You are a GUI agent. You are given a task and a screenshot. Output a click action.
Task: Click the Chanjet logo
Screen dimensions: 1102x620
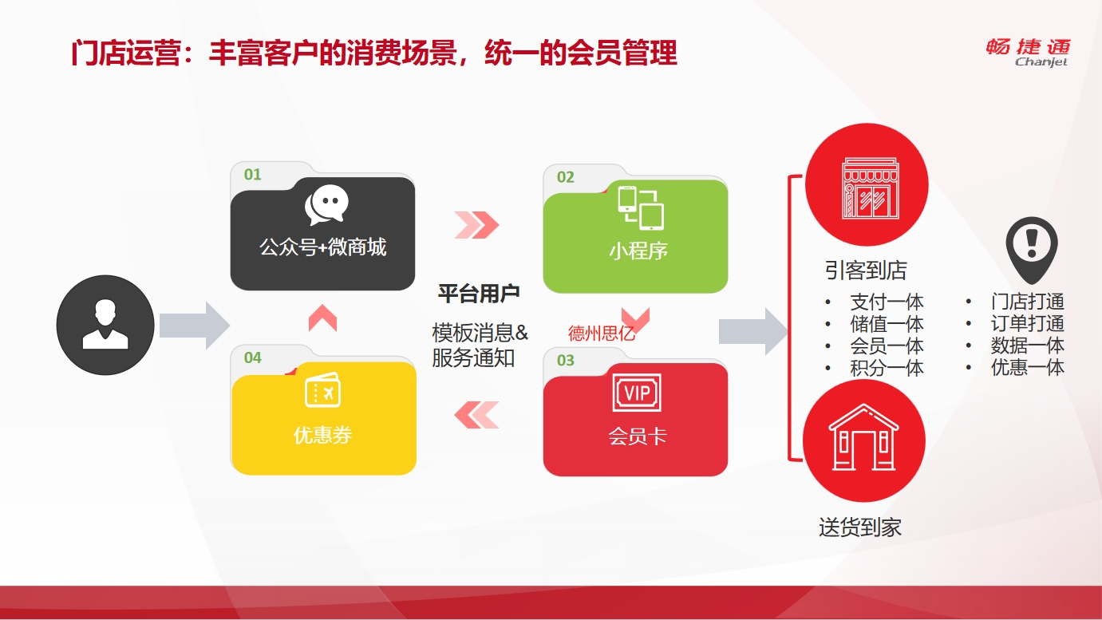coord(1029,52)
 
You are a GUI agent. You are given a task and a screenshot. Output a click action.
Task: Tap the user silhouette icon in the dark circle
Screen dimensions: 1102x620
coord(105,324)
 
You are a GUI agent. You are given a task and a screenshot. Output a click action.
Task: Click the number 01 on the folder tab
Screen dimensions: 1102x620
coord(252,174)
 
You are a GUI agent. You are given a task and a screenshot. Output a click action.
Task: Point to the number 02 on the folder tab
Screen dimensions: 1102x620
coord(565,177)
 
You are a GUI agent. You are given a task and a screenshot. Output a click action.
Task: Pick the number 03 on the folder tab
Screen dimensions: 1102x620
coord(565,360)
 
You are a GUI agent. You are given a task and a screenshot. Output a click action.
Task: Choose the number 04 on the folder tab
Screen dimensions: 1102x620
coord(252,357)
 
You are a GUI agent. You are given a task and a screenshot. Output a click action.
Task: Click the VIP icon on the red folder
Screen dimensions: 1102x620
coord(637,392)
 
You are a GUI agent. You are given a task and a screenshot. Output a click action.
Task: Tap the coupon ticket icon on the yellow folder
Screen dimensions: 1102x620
coord(322,389)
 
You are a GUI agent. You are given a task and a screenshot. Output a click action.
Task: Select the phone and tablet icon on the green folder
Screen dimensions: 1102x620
coord(641,207)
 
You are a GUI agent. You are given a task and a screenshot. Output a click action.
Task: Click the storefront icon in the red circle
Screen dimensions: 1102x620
coord(871,188)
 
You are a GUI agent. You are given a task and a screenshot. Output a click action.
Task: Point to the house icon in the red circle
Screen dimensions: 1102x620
coord(864,437)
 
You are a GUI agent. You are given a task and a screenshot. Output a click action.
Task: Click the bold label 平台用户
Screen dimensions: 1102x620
coord(479,294)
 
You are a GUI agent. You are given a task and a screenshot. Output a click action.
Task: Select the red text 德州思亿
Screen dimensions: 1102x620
coord(601,333)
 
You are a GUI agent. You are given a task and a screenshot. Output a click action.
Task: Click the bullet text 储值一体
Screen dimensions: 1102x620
coord(887,324)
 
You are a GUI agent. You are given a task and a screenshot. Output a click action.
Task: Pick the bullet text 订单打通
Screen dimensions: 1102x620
coord(1028,323)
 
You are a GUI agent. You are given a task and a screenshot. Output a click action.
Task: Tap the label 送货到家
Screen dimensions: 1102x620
coord(860,527)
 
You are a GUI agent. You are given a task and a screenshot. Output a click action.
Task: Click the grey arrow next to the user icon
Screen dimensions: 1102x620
coord(195,326)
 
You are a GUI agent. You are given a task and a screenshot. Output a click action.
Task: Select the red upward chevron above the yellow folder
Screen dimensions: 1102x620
coord(322,318)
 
